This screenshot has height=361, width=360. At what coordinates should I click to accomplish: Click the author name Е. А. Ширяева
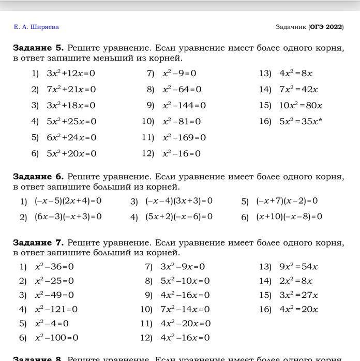click(x=36, y=27)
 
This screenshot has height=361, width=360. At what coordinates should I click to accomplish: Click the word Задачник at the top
click(x=291, y=27)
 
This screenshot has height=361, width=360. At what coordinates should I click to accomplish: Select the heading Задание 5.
click(x=38, y=48)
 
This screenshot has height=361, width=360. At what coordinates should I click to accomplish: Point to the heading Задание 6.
click(x=38, y=177)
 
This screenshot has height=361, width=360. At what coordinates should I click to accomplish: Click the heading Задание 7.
click(x=38, y=243)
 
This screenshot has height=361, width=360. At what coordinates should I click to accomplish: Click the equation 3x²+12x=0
click(x=71, y=74)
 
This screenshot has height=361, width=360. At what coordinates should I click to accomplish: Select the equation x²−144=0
click(x=184, y=106)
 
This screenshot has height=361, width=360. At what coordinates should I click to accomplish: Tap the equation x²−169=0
click(x=184, y=138)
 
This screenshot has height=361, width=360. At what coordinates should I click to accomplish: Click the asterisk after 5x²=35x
click(x=321, y=121)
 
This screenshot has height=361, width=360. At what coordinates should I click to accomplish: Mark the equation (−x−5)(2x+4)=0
click(x=68, y=201)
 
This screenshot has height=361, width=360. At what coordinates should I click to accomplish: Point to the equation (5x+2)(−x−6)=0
click(x=178, y=216)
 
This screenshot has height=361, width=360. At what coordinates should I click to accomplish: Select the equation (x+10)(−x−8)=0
click(x=289, y=216)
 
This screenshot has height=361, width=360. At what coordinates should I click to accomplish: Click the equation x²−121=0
click(x=56, y=310)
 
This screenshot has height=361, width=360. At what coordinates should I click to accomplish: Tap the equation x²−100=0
click(x=56, y=338)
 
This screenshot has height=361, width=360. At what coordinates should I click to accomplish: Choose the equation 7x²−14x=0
click(x=185, y=310)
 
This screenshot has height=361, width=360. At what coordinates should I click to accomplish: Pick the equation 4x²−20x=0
click(x=185, y=324)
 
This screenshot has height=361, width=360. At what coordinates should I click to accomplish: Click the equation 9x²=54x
click(x=298, y=267)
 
